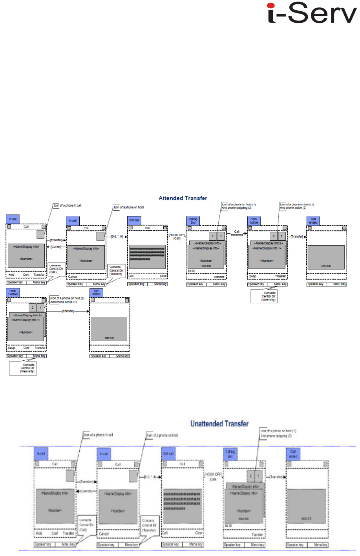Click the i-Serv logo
tap(312, 13)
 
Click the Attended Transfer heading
tap(183, 198)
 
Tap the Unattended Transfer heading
tap(219, 424)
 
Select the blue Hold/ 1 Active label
tap(13, 292)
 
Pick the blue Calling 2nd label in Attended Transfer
tap(193, 221)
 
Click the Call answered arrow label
tap(237, 233)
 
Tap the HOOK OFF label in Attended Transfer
tap(177, 237)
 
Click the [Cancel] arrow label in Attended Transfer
tap(56, 247)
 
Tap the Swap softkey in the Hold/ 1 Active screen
tap(12, 348)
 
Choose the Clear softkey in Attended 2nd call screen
tap(163, 276)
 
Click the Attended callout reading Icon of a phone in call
tap(68, 206)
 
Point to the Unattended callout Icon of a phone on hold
tap(162, 435)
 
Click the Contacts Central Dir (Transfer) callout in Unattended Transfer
tap(149, 525)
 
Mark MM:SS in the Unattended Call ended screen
tap(306, 519)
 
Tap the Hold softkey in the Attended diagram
tap(11, 275)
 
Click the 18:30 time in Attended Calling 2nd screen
tap(191, 271)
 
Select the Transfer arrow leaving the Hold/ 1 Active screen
tap(68, 311)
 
